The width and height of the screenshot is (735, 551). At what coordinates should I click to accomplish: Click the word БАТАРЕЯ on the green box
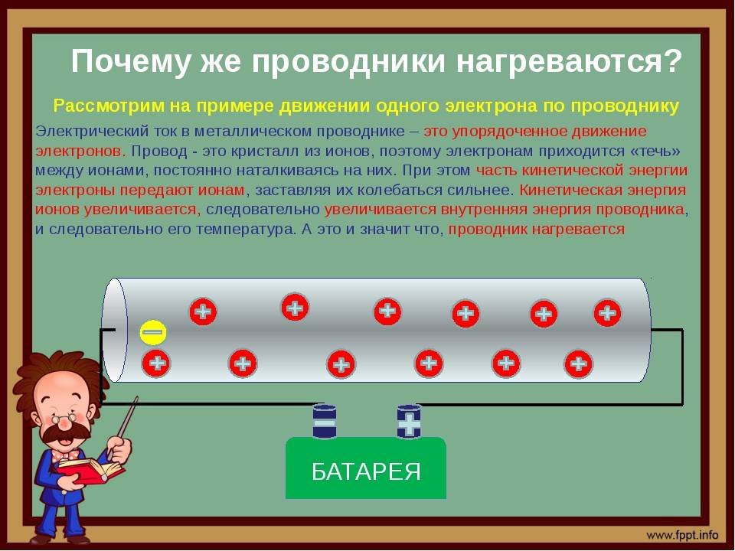pos(366,471)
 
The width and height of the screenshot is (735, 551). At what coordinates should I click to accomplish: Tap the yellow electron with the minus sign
pos(153,332)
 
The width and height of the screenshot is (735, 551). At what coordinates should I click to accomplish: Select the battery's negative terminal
pos(325,422)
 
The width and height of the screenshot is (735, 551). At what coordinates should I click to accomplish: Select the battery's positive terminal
pos(409,422)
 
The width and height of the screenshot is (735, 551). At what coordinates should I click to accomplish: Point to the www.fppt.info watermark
pos(682,535)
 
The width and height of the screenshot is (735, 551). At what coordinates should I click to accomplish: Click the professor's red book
pos(90,469)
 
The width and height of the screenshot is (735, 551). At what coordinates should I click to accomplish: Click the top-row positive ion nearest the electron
pos(203,311)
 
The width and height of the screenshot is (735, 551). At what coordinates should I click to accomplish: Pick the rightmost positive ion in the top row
pos(607,312)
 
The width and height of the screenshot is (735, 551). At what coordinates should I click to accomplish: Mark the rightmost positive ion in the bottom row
pos(579,364)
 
